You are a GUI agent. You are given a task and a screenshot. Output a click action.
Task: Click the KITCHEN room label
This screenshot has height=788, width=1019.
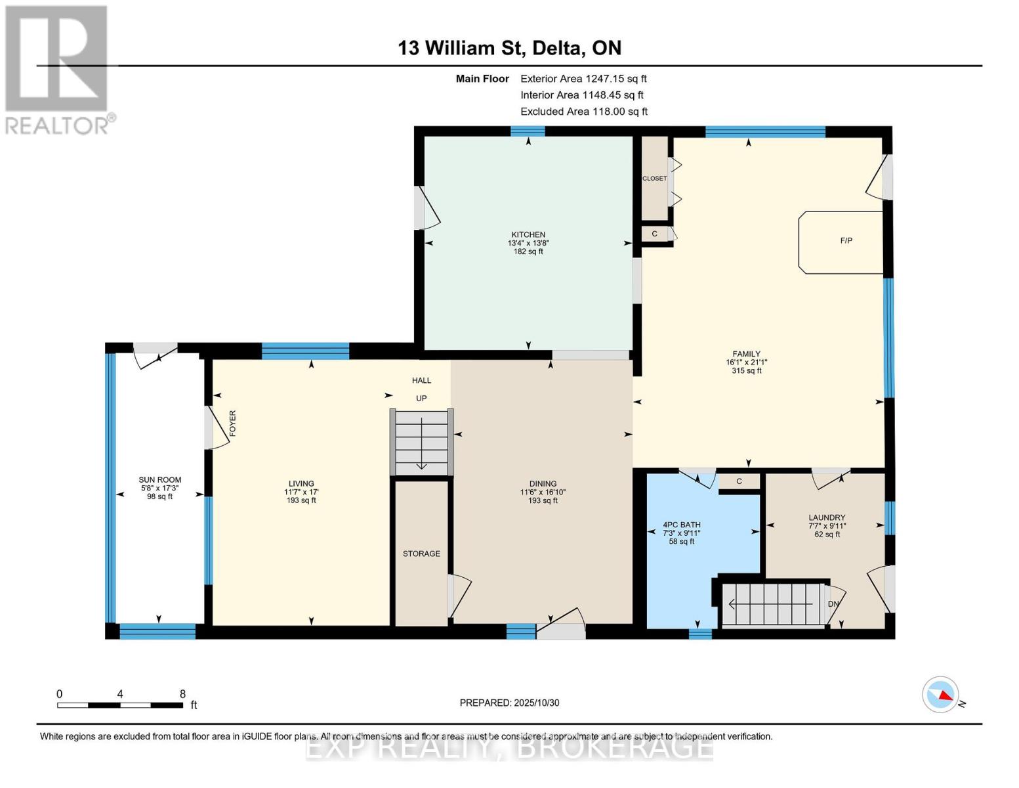click(x=528, y=235)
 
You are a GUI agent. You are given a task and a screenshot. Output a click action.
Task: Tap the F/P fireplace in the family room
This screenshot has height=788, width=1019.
click(x=842, y=241)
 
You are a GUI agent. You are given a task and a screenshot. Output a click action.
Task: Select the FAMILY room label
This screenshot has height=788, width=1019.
click(x=747, y=354)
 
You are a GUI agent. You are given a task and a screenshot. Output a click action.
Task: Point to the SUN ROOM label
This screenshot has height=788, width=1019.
click(x=159, y=480)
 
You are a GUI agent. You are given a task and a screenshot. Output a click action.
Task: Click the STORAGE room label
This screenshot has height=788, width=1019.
click(x=421, y=554)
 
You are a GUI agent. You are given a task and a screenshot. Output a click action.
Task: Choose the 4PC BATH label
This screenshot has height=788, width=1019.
click(x=682, y=525)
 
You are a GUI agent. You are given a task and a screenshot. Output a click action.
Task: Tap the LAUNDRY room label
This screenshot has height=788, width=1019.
click(x=827, y=517)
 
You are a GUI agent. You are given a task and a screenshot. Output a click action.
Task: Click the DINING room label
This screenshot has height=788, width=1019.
click(x=543, y=484)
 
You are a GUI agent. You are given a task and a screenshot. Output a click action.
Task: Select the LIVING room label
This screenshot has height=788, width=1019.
click(x=301, y=484)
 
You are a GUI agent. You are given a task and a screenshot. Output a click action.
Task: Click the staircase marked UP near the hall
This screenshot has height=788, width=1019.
click(x=422, y=441)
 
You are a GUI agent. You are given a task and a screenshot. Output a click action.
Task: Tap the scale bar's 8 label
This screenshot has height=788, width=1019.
click(x=182, y=694)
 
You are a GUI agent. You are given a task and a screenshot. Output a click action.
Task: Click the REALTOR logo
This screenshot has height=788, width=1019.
click(x=58, y=69)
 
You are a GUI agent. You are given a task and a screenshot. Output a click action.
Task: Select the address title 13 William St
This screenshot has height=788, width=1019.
click(x=509, y=48)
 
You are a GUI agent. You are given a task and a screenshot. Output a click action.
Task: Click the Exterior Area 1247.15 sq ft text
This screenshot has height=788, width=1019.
click(x=583, y=79)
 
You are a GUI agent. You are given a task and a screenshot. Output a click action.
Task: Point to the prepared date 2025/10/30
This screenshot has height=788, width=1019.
click(x=509, y=703)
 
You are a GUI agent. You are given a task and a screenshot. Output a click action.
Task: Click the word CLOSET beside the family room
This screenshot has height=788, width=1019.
click(x=654, y=179)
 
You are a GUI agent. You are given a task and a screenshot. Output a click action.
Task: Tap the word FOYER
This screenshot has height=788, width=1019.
click(x=232, y=424)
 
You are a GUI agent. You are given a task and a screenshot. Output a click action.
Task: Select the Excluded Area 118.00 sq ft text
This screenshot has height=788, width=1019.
click(x=584, y=112)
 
